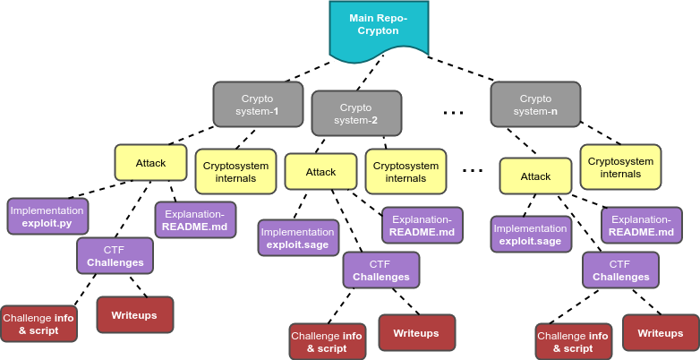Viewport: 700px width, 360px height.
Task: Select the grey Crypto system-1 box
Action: (258, 105)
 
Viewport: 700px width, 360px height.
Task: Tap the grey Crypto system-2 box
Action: (355, 114)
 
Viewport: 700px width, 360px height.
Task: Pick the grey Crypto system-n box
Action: (535, 105)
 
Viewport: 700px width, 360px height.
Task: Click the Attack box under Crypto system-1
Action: (150, 164)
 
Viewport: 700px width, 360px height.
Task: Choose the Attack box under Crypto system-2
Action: (320, 172)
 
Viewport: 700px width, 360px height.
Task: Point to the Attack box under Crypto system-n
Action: (535, 176)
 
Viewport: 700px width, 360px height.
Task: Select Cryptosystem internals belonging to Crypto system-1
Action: (236, 171)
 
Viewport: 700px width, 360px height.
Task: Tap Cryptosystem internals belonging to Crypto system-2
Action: (405, 172)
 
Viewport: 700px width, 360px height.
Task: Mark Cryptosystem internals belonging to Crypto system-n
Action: (620, 167)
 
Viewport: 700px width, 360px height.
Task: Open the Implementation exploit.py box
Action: (47, 217)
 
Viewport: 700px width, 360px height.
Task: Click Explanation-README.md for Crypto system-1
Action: (195, 220)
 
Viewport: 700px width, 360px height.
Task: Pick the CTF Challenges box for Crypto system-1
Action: (115, 256)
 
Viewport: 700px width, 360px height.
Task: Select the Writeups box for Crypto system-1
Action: (134, 315)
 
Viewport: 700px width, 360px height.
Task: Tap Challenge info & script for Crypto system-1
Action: (38, 324)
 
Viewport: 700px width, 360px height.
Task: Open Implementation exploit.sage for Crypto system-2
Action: (298, 238)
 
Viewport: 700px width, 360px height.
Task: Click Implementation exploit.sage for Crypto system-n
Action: (531, 235)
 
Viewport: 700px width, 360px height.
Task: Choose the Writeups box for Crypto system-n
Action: (661, 333)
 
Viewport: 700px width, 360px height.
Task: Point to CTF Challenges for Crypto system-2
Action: (381, 270)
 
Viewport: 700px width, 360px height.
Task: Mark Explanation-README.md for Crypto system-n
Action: (641, 226)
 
